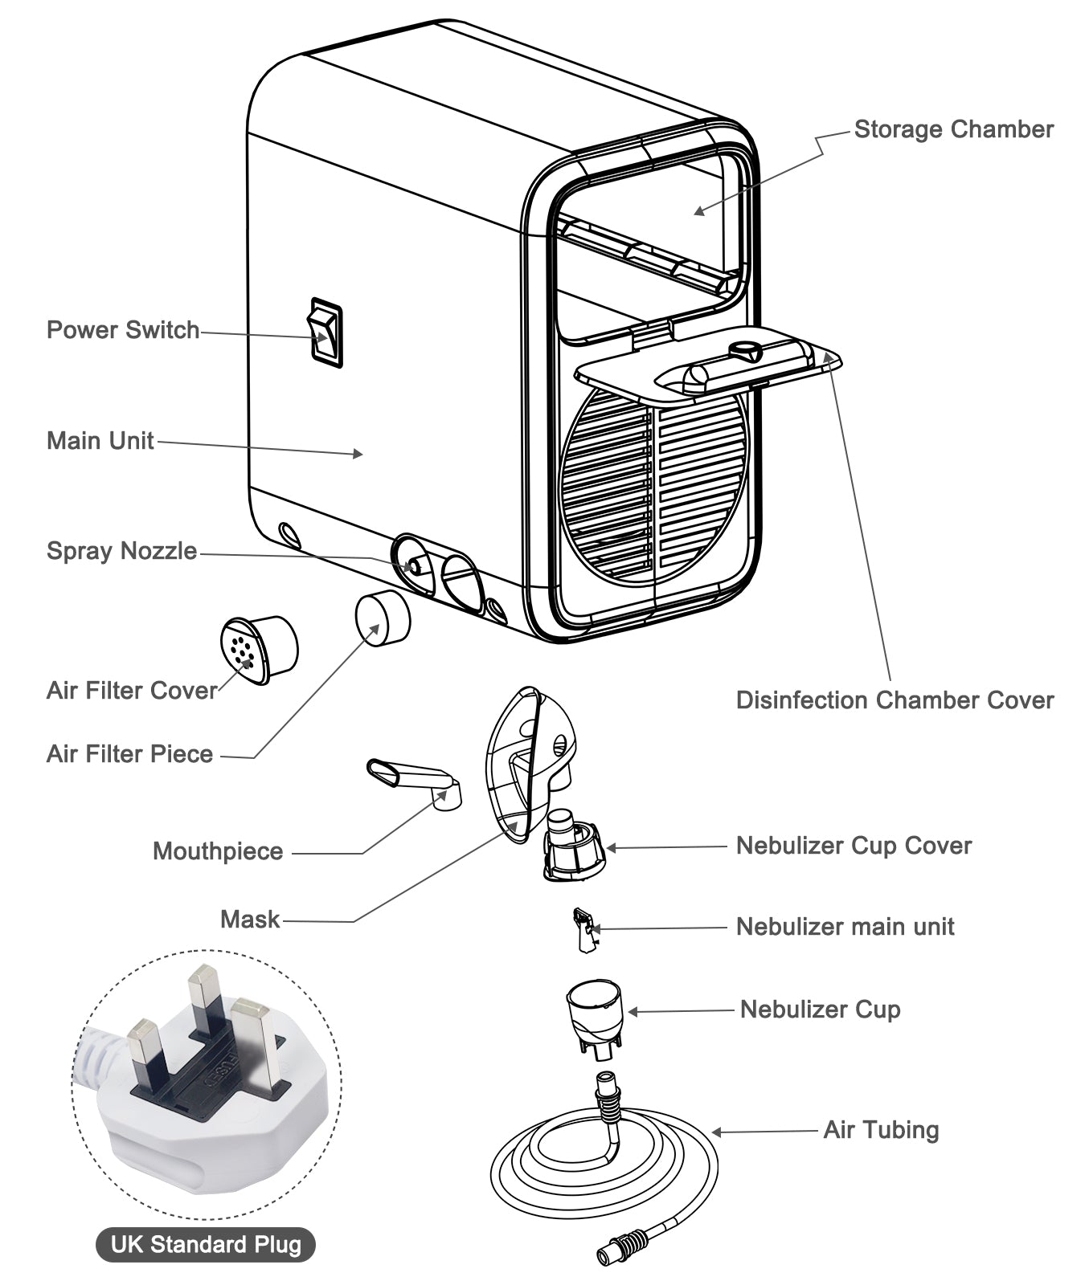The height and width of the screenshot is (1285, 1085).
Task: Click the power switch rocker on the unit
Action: coord(326,332)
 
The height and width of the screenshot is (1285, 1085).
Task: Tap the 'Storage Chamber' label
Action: coord(953,129)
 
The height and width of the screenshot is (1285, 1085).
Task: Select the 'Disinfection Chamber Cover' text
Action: coord(894,700)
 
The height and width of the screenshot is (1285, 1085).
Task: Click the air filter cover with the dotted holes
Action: coord(259,649)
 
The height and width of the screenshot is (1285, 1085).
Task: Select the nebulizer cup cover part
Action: coord(574,850)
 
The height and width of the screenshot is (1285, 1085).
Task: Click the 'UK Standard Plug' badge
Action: coord(206,1245)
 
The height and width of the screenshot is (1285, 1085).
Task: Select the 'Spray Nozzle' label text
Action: coord(121,551)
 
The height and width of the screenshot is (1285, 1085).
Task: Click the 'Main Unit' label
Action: coord(100,441)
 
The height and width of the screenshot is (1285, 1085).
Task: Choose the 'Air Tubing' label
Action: coord(881,1130)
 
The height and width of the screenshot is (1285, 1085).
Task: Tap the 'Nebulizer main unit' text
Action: coord(845,927)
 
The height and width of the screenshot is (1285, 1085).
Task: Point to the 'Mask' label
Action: coord(250,920)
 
